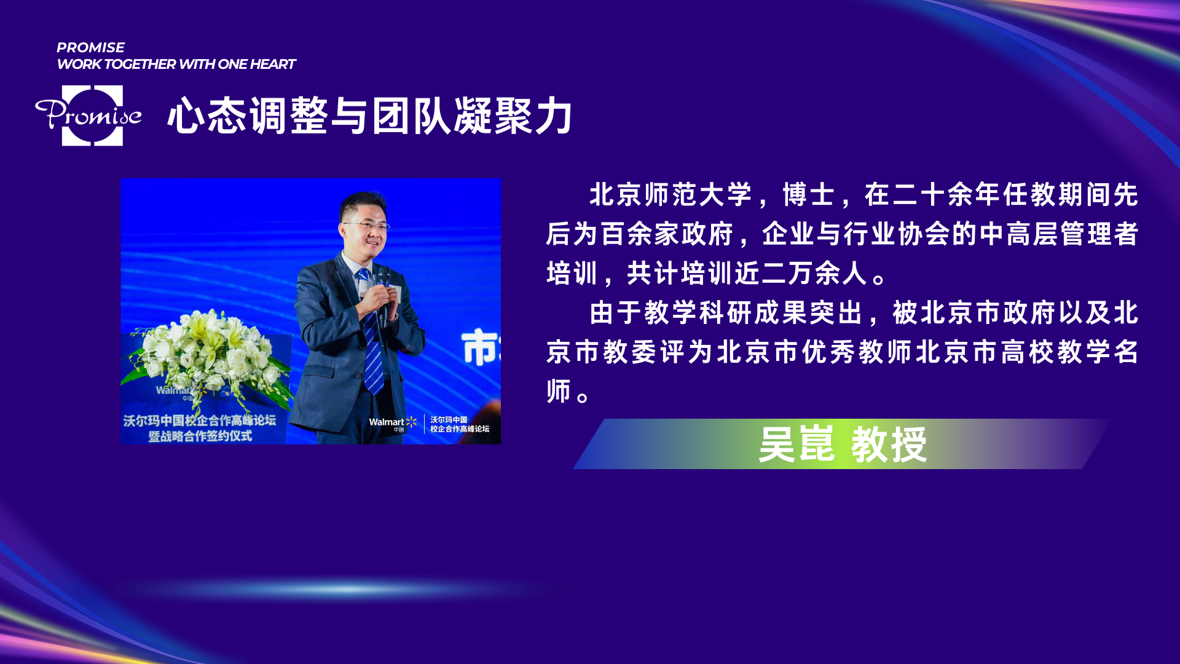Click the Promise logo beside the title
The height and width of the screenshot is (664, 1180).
click(88, 116)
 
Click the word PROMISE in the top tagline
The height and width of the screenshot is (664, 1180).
click(90, 47)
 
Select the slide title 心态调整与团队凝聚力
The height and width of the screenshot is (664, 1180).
click(371, 116)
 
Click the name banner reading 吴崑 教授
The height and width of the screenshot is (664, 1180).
click(842, 444)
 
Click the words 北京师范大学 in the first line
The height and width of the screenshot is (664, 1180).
click(671, 195)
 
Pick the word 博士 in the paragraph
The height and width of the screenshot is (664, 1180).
click(809, 195)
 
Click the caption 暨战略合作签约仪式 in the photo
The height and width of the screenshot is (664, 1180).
click(200, 436)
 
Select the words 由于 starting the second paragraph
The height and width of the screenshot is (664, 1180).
click(616, 313)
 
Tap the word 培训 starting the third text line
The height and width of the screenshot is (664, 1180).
click(572, 274)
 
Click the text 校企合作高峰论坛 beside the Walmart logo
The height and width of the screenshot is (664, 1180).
click(460, 429)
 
